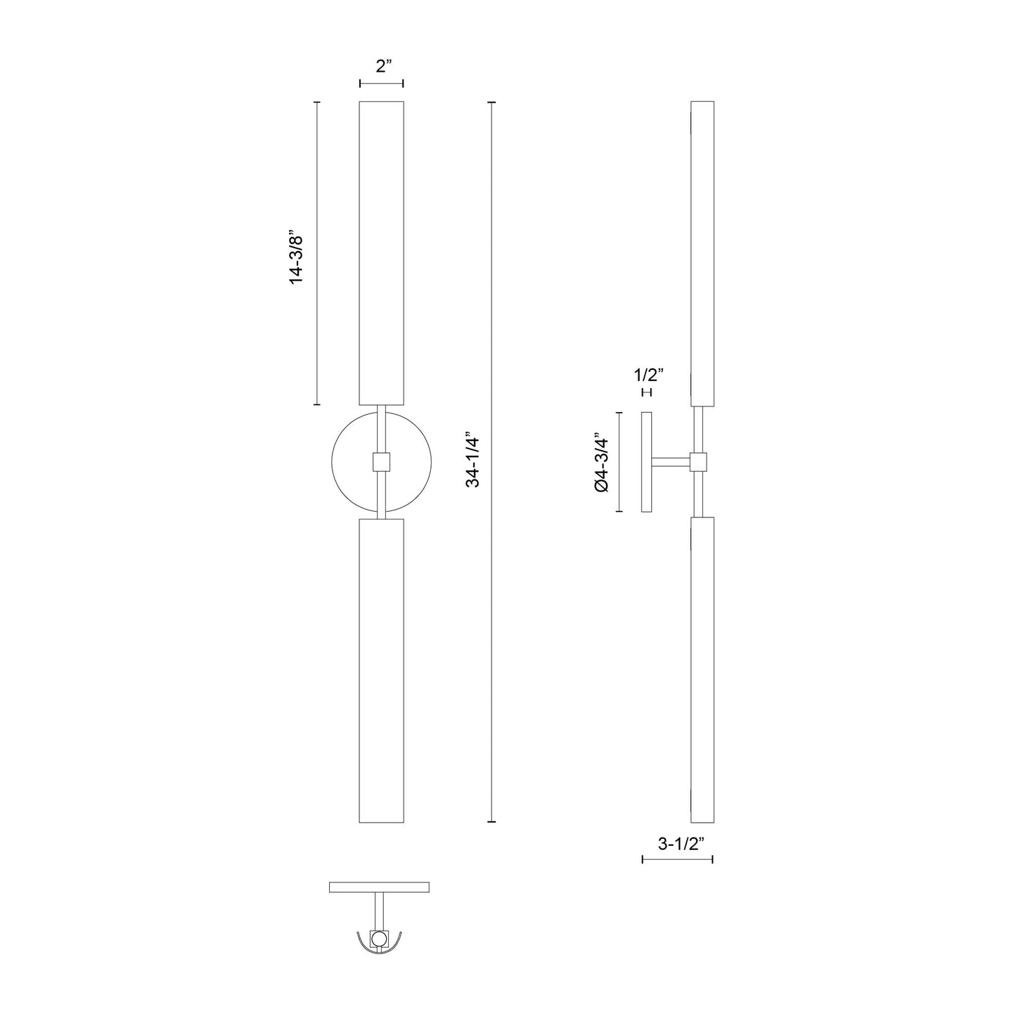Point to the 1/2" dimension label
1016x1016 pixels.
point(647,375)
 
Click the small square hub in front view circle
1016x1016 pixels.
point(381,462)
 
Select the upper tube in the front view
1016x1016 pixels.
point(381,253)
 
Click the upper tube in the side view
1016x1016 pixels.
point(702,253)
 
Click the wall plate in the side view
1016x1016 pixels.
point(647,462)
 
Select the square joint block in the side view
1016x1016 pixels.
point(698,462)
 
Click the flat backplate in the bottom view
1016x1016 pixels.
point(379,887)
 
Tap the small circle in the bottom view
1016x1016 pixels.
point(379,938)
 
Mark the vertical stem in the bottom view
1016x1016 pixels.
point(379,911)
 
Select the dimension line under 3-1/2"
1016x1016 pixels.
point(677,859)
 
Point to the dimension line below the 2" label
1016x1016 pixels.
point(381,84)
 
